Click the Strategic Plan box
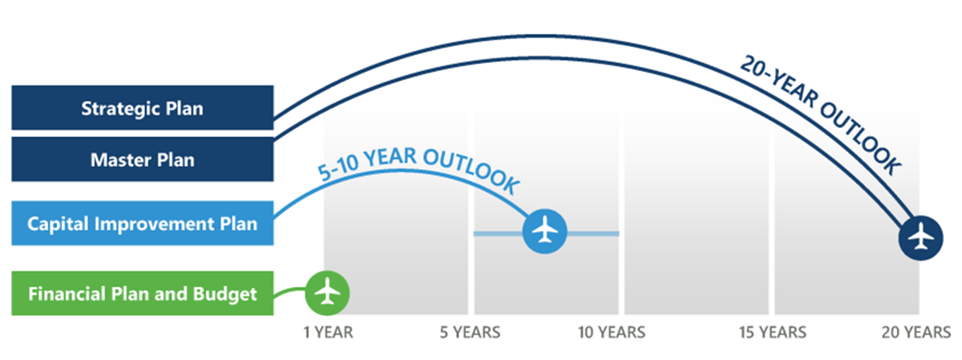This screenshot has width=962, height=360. coord(142,108)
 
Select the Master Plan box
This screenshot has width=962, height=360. coord(142,159)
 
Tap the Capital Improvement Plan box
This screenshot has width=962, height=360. coord(142,223)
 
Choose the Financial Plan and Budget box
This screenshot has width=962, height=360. coord(142,294)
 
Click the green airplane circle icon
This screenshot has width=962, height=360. coord(327,294)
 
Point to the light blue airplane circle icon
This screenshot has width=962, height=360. coord(545,232)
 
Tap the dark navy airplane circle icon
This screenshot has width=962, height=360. coord(921,238)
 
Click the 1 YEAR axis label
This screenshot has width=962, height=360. coord(328,333)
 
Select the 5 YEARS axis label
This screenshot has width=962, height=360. coord(470,333)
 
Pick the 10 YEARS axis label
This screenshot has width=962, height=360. coord(612,333)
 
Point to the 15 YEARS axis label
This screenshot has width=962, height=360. coord(773,333)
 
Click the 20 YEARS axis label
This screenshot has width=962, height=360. coord(916,333)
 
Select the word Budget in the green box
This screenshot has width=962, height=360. coord(224,294)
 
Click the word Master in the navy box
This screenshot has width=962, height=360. coord(121,160)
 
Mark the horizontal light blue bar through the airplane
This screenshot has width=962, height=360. coord(547,234)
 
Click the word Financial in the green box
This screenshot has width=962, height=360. coord(67,294)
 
